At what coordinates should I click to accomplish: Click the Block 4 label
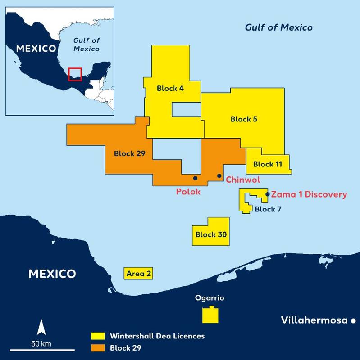[x=170, y=88]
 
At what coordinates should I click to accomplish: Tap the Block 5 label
[x=244, y=119]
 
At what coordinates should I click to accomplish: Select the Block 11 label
[x=267, y=164]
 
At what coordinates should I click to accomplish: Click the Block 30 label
[x=210, y=234]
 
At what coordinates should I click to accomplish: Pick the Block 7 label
[x=268, y=209]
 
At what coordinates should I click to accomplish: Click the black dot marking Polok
[x=195, y=178]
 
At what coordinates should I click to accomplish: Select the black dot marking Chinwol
[x=219, y=175]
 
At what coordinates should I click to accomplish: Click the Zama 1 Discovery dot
[x=268, y=194]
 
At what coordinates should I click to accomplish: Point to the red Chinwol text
[x=243, y=180]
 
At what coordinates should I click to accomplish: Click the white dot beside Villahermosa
[x=353, y=320]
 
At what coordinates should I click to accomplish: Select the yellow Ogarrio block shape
[x=211, y=315]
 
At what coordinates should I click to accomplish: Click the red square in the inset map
[x=75, y=74]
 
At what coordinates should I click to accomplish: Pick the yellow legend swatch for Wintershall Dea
[x=98, y=336]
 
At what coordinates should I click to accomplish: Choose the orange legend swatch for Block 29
[x=98, y=347]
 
